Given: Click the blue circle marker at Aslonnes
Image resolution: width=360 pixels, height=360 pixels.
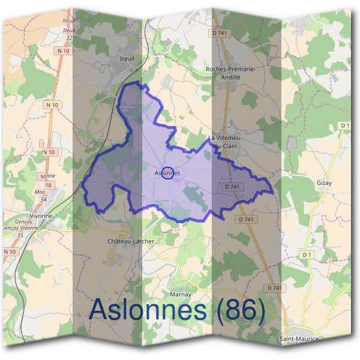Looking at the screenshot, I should (x=168, y=173).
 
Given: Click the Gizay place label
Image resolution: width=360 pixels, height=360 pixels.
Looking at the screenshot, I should (x=323, y=182).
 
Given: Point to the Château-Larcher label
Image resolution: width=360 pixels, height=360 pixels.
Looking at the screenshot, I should (x=130, y=241).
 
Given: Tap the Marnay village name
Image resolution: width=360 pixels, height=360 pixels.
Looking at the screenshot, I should (x=180, y=295).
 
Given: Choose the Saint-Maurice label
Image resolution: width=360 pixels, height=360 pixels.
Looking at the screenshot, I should (x=299, y=340).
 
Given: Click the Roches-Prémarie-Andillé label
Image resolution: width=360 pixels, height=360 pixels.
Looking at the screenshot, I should (x=231, y=73).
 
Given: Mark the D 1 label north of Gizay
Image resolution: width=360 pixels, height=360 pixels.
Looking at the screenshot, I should (x=344, y=125).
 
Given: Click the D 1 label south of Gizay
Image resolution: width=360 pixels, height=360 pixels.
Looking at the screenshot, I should (x=308, y=255).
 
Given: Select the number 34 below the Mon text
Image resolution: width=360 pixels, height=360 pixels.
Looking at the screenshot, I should (x=43, y=199).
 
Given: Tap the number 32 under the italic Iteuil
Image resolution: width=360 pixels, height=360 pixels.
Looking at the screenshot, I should (x=70, y=37).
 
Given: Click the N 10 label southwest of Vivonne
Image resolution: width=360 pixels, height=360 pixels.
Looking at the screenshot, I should (x=9, y=252).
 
